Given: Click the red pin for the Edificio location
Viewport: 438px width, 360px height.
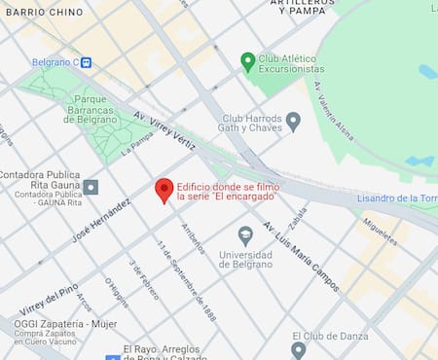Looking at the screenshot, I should pyautogui.click(x=164, y=190).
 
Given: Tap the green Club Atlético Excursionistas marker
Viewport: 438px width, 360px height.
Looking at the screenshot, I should pyautogui.click(x=248, y=61).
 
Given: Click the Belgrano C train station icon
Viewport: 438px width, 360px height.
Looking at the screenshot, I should pyautogui.click(x=87, y=62).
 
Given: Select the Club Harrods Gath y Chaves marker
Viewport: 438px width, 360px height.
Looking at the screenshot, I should pyautogui.click(x=293, y=121).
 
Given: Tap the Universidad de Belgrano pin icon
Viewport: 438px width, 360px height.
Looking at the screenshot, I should pyautogui.click(x=245, y=234).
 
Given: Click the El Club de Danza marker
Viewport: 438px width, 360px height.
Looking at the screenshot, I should pyautogui.click(x=299, y=349).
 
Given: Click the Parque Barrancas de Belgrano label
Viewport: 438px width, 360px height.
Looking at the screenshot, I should pyautogui.click(x=91, y=109).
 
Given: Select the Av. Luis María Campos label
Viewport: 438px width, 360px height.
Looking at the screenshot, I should pyautogui.click(x=301, y=256).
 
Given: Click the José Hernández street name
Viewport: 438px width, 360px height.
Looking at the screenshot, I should pyautogui.click(x=101, y=223).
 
